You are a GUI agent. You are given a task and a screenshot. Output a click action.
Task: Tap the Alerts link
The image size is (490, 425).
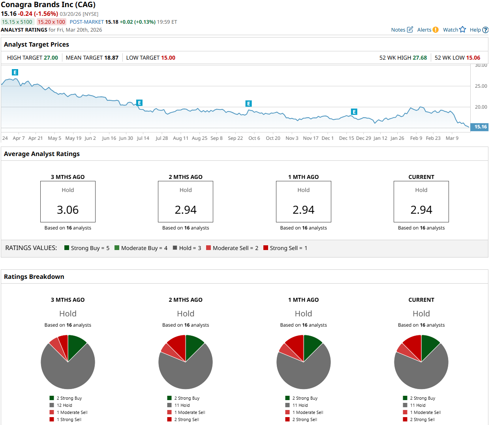[428, 30]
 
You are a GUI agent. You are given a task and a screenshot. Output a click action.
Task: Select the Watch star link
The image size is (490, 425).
[454, 30]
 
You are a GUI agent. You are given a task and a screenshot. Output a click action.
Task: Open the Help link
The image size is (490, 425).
[479, 30]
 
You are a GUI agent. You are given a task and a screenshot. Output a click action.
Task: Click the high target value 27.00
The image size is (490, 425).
[51, 58]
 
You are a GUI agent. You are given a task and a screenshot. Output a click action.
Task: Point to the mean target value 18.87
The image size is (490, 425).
[111, 58]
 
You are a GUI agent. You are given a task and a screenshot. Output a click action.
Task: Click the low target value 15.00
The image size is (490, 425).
[168, 58]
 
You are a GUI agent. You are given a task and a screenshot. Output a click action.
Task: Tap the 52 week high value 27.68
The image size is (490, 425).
[420, 58]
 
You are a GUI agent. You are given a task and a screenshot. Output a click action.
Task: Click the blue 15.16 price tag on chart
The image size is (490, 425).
[480, 127]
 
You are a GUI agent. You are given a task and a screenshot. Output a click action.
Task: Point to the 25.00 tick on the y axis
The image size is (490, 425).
[481, 86]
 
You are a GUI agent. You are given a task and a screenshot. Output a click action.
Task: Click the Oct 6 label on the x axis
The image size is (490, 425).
[254, 138]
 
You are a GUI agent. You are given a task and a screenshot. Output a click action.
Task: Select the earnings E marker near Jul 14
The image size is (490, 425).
[139, 103]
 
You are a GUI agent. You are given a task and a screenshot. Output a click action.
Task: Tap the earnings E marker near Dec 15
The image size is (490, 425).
[354, 112]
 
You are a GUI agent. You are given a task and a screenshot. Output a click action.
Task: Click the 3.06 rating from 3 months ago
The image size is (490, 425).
[68, 210]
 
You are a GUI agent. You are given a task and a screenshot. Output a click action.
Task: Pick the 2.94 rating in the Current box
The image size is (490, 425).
[421, 210]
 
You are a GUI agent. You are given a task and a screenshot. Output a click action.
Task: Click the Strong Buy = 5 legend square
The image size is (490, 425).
[67, 248]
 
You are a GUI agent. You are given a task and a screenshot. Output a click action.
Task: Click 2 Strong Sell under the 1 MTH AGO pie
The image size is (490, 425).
[304, 419]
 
